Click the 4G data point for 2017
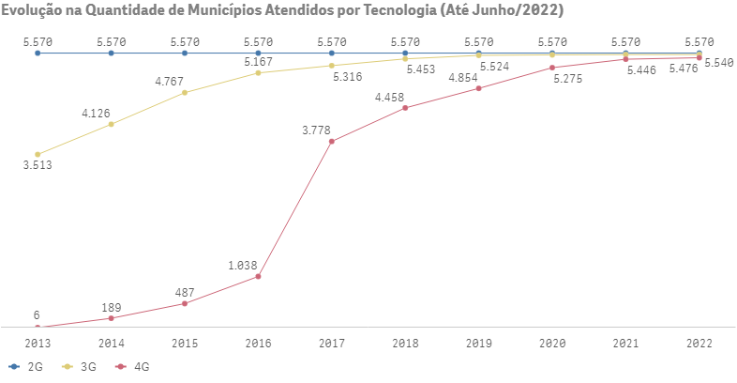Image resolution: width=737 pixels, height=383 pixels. pos(332,142)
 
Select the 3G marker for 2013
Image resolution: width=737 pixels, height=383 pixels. pos(38,154)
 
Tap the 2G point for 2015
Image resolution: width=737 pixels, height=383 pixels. pos(185,54)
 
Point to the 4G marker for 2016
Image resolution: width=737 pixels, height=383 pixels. pos(258,276)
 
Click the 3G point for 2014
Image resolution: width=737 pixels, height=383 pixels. pos(112,124)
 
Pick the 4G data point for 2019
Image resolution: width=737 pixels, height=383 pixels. pos(479,88)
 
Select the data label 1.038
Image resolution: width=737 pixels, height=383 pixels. pos(242,266)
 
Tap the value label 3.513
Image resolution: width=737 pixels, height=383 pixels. pos(38,166)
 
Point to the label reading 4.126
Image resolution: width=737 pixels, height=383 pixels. pos(96,113)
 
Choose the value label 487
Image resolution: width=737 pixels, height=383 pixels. pos(185,292)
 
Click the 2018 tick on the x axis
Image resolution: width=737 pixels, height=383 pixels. pos(405,344)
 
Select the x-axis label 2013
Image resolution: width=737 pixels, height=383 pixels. pos(38,344)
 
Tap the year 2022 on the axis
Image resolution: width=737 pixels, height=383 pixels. pos(699,344)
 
